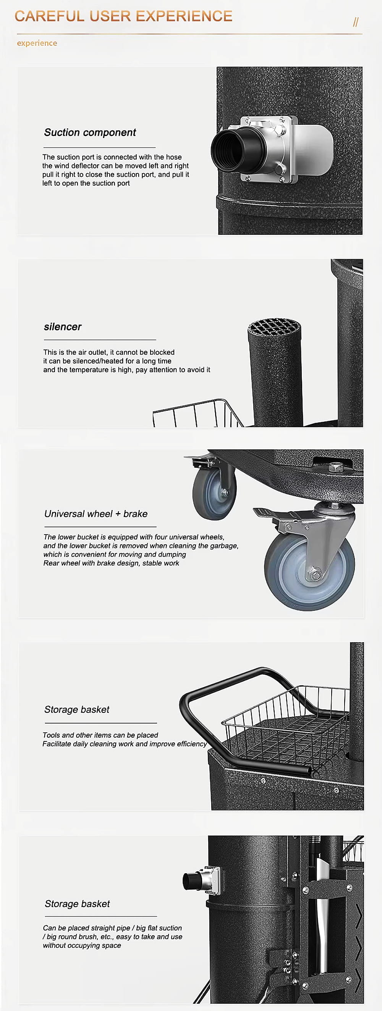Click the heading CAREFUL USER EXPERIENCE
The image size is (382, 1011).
[x=123, y=16]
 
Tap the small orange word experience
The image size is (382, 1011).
[x=37, y=43]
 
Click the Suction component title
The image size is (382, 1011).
[x=90, y=132]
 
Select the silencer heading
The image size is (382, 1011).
[x=63, y=327]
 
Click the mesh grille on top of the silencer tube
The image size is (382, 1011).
[x=274, y=326]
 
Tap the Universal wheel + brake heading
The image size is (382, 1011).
[x=96, y=514]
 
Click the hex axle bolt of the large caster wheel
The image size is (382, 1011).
[x=315, y=574]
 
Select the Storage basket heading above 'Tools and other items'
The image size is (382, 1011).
[x=77, y=710]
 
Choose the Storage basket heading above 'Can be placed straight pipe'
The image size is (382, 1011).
[x=77, y=904]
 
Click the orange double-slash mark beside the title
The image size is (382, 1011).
[x=356, y=22]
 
